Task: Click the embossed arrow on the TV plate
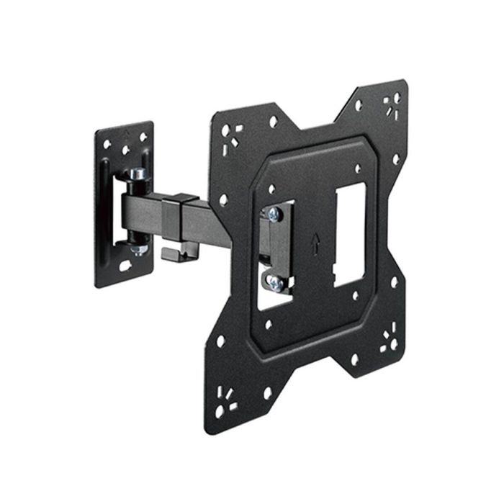pyautogui.click(x=314, y=243)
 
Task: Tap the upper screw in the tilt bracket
pyautogui.click(x=274, y=214)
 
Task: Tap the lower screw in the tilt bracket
pyautogui.click(x=275, y=283)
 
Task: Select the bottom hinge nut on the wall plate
pyautogui.click(x=139, y=248)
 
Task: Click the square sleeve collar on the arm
pyautogui.click(x=180, y=217)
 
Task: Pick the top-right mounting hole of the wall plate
pyautogui.click(x=143, y=136)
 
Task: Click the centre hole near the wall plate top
pyautogui.click(x=125, y=150)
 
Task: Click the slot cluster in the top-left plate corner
pyautogui.click(x=233, y=135)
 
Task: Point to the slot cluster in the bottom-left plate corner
pyautogui.click(x=225, y=400)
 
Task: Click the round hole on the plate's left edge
pyautogui.click(x=223, y=199)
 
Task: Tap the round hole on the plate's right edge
pyautogui.click(x=395, y=159)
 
